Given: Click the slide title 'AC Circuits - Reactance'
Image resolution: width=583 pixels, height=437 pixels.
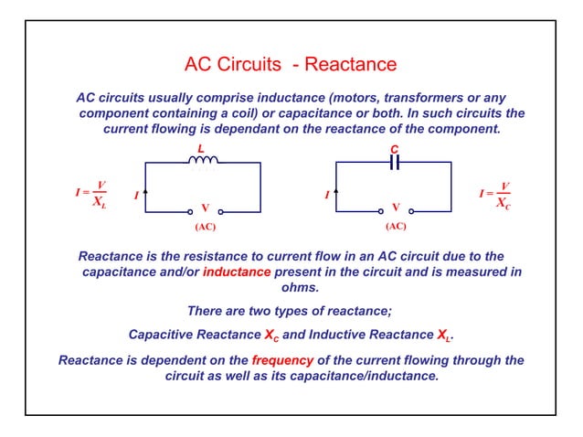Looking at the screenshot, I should (x=291, y=65).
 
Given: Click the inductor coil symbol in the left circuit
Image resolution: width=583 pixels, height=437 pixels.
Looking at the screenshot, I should (x=203, y=161).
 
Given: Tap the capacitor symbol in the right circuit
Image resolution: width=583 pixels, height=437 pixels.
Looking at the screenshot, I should (x=395, y=162).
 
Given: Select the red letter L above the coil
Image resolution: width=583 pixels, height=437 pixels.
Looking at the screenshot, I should (x=201, y=148).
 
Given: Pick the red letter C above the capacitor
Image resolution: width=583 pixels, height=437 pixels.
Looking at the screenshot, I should (x=394, y=148).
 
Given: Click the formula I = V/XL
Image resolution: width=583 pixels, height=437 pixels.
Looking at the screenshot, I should (x=91, y=194).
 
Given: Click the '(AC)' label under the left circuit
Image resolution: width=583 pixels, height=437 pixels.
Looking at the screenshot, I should (x=205, y=225).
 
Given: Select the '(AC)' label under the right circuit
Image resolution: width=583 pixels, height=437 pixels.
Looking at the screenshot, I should (x=396, y=225).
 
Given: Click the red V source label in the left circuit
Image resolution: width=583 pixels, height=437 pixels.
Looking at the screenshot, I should (x=205, y=208).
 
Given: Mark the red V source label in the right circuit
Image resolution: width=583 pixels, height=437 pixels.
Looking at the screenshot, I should (x=396, y=208).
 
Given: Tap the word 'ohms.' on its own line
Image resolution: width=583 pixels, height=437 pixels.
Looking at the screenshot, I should (x=291, y=287).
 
